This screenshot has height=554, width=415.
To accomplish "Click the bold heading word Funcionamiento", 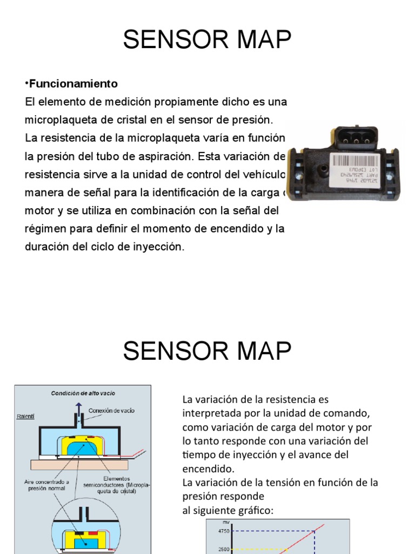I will click(x=73, y=84).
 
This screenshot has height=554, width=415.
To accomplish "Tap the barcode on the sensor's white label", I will click(x=355, y=161).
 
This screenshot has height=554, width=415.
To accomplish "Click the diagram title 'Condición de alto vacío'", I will click(x=83, y=393).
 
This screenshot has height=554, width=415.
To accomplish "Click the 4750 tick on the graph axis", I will click(x=223, y=531).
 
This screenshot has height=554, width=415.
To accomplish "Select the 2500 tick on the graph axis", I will click(x=223, y=549).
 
